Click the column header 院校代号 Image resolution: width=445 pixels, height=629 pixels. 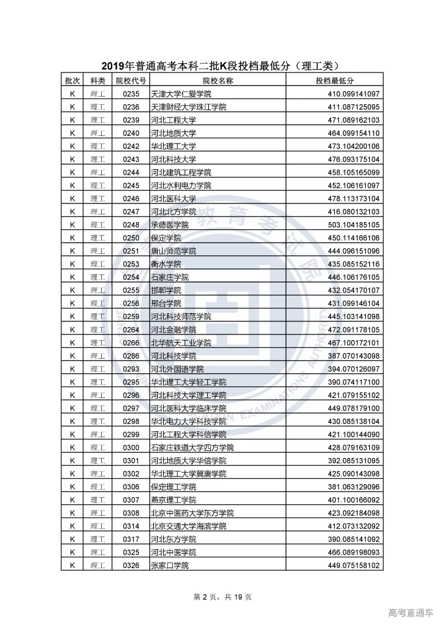(x=131, y=81)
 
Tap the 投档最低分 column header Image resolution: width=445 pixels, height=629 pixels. (x=335, y=81)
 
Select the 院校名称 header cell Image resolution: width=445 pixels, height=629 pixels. (x=218, y=81)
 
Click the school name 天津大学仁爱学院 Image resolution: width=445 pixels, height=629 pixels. (x=181, y=94)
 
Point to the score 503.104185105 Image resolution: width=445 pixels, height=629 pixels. (x=354, y=225)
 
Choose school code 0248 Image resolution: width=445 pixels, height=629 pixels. (x=131, y=225)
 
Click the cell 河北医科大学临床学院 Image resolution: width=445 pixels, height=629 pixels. (x=188, y=408)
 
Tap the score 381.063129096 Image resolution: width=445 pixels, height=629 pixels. (x=354, y=487)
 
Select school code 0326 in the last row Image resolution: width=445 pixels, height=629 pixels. (x=131, y=566)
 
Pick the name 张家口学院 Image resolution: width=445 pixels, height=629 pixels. (x=170, y=566)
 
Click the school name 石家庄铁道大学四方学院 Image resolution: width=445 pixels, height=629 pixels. (x=192, y=448)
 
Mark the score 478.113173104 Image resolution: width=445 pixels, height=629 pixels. (x=354, y=199)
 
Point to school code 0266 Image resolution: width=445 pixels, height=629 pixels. (x=131, y=343)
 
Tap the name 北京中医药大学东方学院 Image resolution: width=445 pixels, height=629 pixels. (x=192, y=513)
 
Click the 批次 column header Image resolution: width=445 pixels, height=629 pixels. (x=73, y=81)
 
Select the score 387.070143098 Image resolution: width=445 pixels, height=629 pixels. (x=354, y=356)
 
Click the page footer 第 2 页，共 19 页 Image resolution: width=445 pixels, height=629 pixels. (x=222, y=597)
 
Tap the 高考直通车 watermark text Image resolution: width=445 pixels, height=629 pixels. (x=410, y=613)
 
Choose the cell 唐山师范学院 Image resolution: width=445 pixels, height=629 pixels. (x=173, y=251)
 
